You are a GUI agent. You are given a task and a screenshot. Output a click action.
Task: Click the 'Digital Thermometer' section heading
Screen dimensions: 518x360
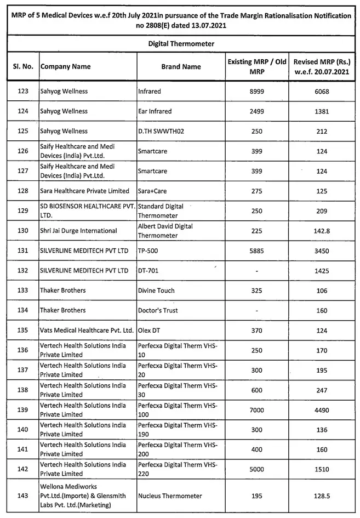click(x=181, y=43)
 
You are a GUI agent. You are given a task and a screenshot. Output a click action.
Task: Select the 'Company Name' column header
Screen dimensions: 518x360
click(x=65, y=67)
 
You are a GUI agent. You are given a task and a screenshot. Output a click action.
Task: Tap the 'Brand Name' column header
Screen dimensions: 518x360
click(x=181, y=67)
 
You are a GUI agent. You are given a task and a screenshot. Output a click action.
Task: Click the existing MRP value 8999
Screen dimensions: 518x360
click(x=256, y=92)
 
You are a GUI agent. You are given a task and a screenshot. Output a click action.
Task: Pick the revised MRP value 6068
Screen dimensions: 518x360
click(x=322, y=92)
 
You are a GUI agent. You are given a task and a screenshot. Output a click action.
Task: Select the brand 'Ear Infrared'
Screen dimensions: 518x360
click(x=155, y=111)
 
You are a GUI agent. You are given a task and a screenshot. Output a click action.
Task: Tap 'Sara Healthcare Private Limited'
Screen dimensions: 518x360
click(x=84, y=191)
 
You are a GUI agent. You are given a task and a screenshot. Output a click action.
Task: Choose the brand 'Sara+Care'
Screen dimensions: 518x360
click(x=154, y=191)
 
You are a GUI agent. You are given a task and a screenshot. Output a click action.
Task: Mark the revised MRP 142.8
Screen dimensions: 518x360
click(x=322, y=231)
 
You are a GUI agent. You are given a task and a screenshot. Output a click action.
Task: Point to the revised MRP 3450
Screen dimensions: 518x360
click(x=322, y=251)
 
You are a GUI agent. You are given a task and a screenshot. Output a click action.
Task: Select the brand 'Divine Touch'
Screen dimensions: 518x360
click(x=156, y=291)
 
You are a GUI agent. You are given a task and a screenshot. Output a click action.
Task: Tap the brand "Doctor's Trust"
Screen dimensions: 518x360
click(x=158, y=310)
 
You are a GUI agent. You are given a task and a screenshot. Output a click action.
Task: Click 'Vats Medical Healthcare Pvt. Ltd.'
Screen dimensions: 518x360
click(x=87, y=331)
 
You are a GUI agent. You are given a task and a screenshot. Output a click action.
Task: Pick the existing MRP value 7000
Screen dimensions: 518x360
click(x=256, y=410)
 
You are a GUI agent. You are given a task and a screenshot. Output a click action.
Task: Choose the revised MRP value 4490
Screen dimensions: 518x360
click(x=322, y=410)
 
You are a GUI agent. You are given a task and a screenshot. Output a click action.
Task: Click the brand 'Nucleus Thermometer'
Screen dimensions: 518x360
click(x=170, y=496)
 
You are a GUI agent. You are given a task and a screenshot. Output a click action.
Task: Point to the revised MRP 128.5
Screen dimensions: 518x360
click(x=322, y=496)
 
